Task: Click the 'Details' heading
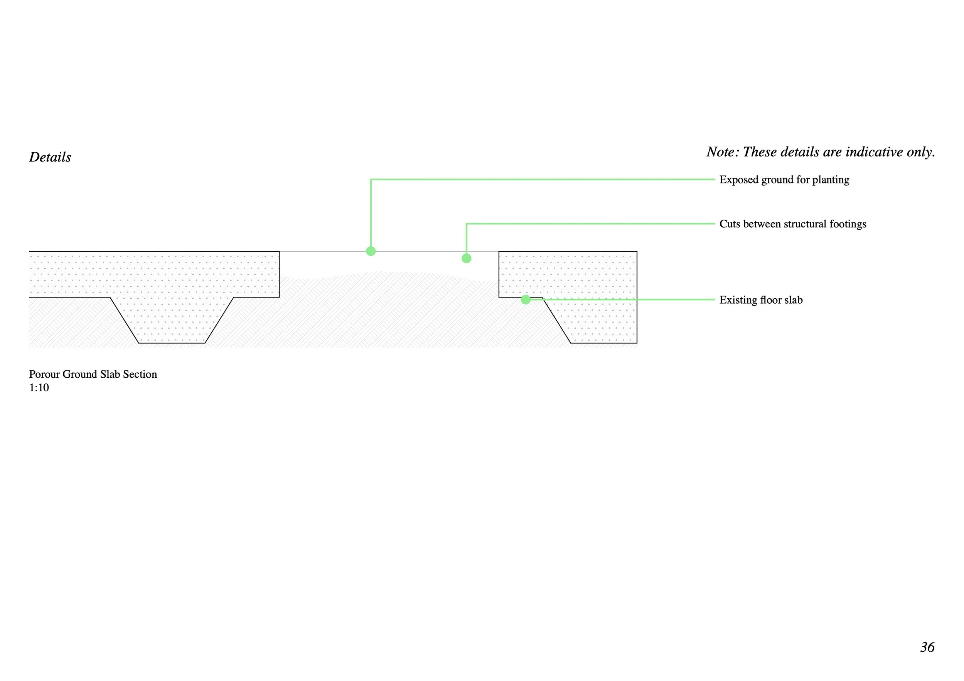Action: [x=50, y=157]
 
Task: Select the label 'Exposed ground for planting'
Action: [x=784, y=180]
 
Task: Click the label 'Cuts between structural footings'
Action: [x=793, y=224]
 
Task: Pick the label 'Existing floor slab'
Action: [x=761, y=300]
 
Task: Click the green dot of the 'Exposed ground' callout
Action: [x=371, y=251]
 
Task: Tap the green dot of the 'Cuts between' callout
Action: [x=467, y=259]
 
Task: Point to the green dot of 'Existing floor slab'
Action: [x=526, y=299]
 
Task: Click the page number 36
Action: [x=927, y=647]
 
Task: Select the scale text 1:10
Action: [x=39, y=388]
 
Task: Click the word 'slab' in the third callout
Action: [x=793, y=300]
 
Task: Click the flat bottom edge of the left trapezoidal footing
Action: [x=172, y=343]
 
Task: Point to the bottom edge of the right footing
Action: [x=603, y=343]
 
